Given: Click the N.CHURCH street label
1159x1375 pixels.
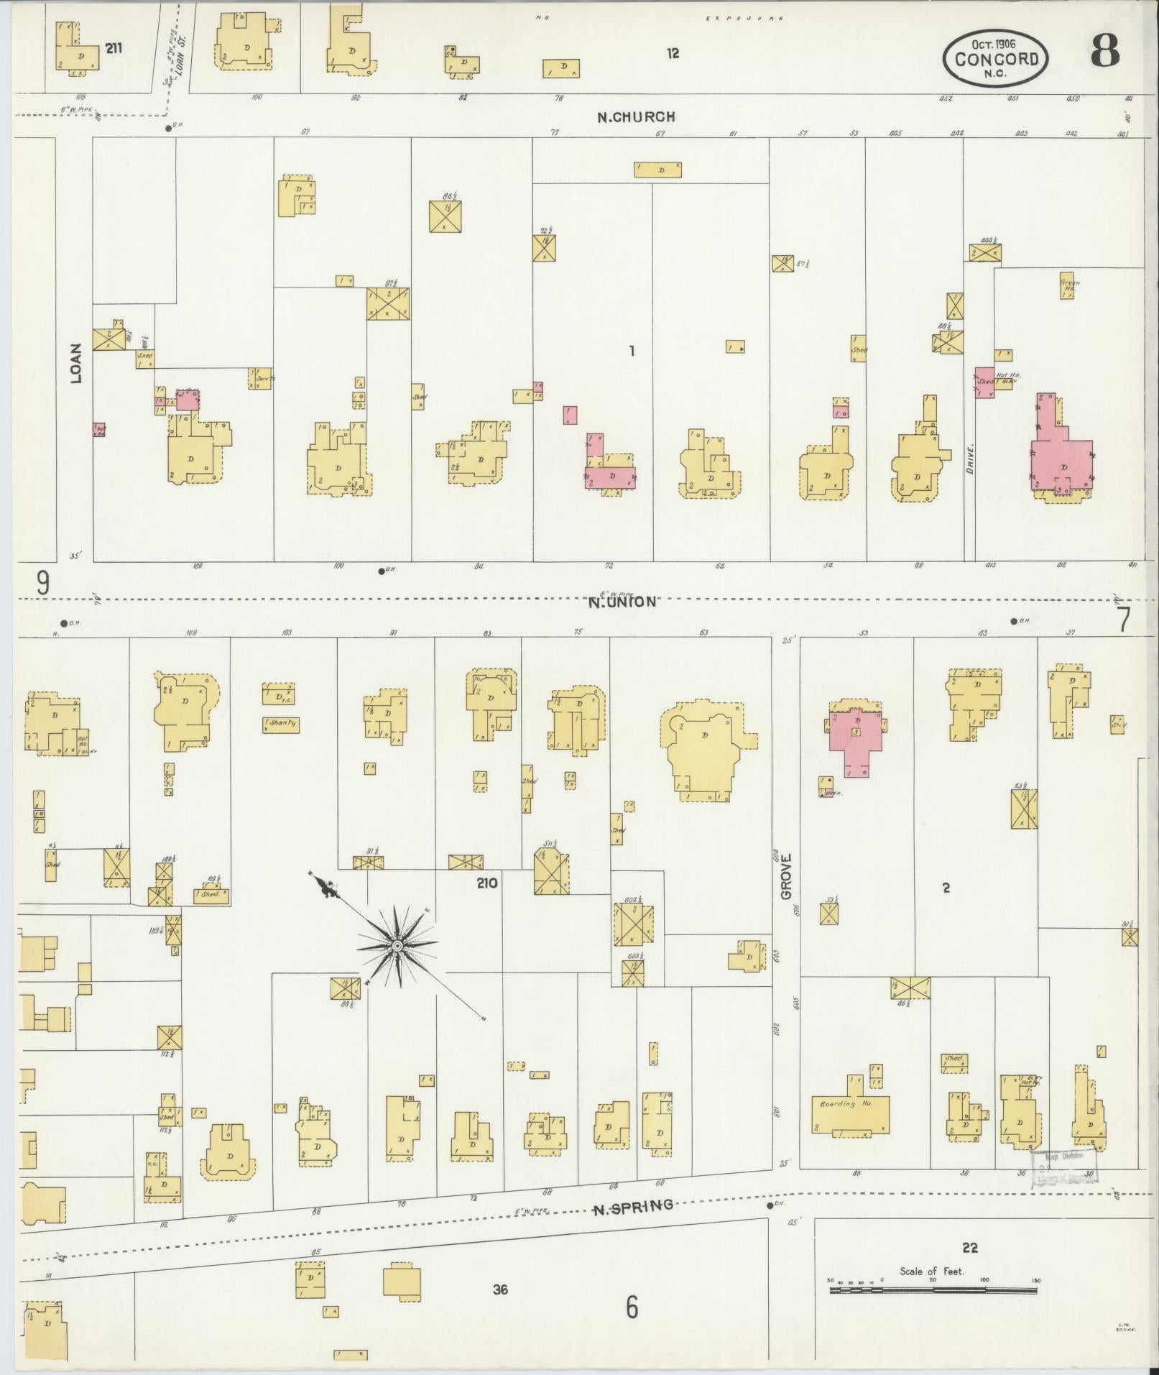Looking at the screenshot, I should coord(636,116).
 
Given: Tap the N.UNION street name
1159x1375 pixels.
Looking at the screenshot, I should coord(622,602).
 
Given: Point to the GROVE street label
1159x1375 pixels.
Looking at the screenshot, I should coord(786,876).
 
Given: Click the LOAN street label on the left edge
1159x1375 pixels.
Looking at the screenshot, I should coord(76,363).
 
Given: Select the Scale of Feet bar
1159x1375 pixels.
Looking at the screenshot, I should coord(933,1290).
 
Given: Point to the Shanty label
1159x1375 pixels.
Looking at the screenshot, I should coord(282,723).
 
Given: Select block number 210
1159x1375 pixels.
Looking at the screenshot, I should coord(486,882).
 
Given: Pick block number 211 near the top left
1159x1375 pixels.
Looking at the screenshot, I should coord(113,48).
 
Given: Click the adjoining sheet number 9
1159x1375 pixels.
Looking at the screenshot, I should coord(43,583).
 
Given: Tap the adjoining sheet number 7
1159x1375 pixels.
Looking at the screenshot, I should coord(1124,619).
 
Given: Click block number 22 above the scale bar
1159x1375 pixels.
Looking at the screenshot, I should coord(970,1248).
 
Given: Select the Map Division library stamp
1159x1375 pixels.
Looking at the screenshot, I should coord(1064,1169).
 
